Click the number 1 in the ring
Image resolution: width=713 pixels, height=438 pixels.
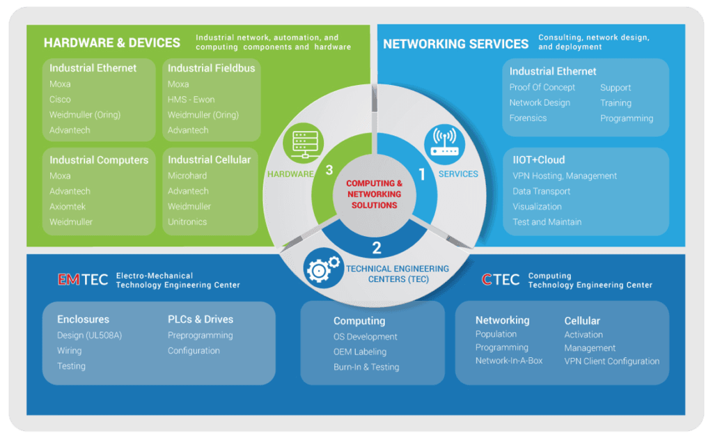tap(421, 174)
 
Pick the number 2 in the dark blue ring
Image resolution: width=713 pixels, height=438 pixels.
tap(377, 247)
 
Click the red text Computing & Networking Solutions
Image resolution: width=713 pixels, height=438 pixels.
tap(374, 194)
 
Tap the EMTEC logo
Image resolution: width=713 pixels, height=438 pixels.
tap(82, 280)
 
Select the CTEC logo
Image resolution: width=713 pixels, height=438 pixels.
tap(500, 280)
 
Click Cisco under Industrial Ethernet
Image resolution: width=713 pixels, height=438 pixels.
tap(60, 100)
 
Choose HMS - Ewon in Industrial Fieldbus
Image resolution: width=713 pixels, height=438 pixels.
tap(191, 100)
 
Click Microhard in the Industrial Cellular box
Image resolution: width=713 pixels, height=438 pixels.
tap(187, 176)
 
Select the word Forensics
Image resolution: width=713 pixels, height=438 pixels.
tap(528, 118)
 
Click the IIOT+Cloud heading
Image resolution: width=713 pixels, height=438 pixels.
tap(538, 159)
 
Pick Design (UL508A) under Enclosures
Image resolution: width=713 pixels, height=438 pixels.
tap(89, 336)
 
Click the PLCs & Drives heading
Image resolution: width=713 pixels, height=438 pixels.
tap(201, 320)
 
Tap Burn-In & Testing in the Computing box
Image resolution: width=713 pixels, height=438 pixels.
tap(366, 367)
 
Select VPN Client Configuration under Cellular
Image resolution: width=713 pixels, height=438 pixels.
tap(611, 361)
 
